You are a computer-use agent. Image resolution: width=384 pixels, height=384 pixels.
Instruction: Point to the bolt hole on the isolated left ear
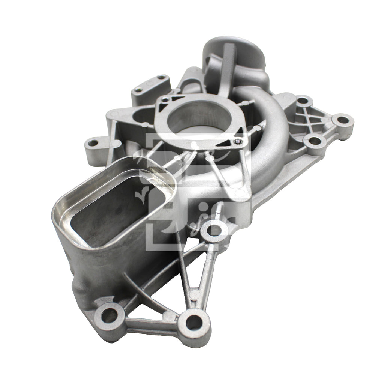tap(93, 143)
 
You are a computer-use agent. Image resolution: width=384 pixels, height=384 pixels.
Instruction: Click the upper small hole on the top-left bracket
tap(162, 78)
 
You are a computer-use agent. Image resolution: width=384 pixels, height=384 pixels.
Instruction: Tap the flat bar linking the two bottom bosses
tap(150, 323)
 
